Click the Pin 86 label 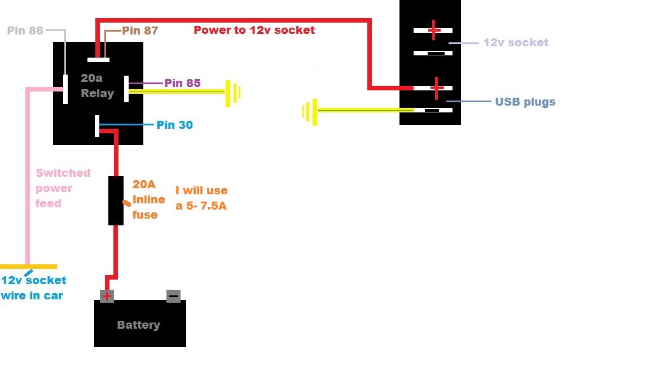[x=25, y=30]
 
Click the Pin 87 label [x=140, y=30]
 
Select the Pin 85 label [x=182, y=83]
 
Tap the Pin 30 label [x=174, y=125]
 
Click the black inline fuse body [x=116, y=201]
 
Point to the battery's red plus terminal [x=107, y=296]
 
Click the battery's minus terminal [x=173, y=296]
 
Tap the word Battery [x=138, y=325]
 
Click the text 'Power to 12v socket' [x=254, y=30]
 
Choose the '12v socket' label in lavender [x=516, y=42]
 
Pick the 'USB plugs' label [x=525, y=102]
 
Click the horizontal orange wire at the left [x=28, y=266]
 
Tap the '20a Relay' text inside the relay [x=97, y=86]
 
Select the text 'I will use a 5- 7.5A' [x=201, y=198]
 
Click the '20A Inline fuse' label [x=149, y=199]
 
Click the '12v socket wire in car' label [x=33, y=287]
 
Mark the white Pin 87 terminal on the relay [x=99, y=59]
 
